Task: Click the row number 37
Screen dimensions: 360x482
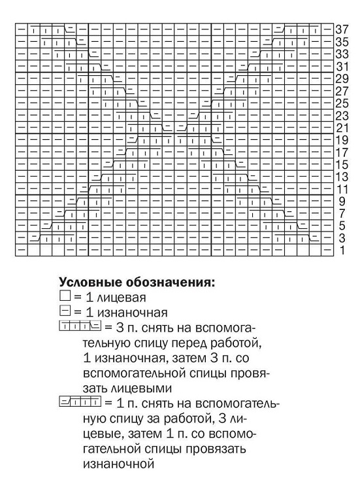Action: (x=342, y=29)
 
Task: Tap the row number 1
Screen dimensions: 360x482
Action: (x=341, y=251)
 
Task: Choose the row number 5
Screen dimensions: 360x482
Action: (x=341, y=226)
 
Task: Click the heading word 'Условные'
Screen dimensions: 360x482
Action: (x=88, y=283)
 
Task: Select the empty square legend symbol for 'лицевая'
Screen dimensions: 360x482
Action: (x=64, y=298)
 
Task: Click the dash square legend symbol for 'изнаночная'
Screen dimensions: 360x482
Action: (x=64, y=312)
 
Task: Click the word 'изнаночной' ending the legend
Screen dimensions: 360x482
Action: (x=118, y=465)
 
